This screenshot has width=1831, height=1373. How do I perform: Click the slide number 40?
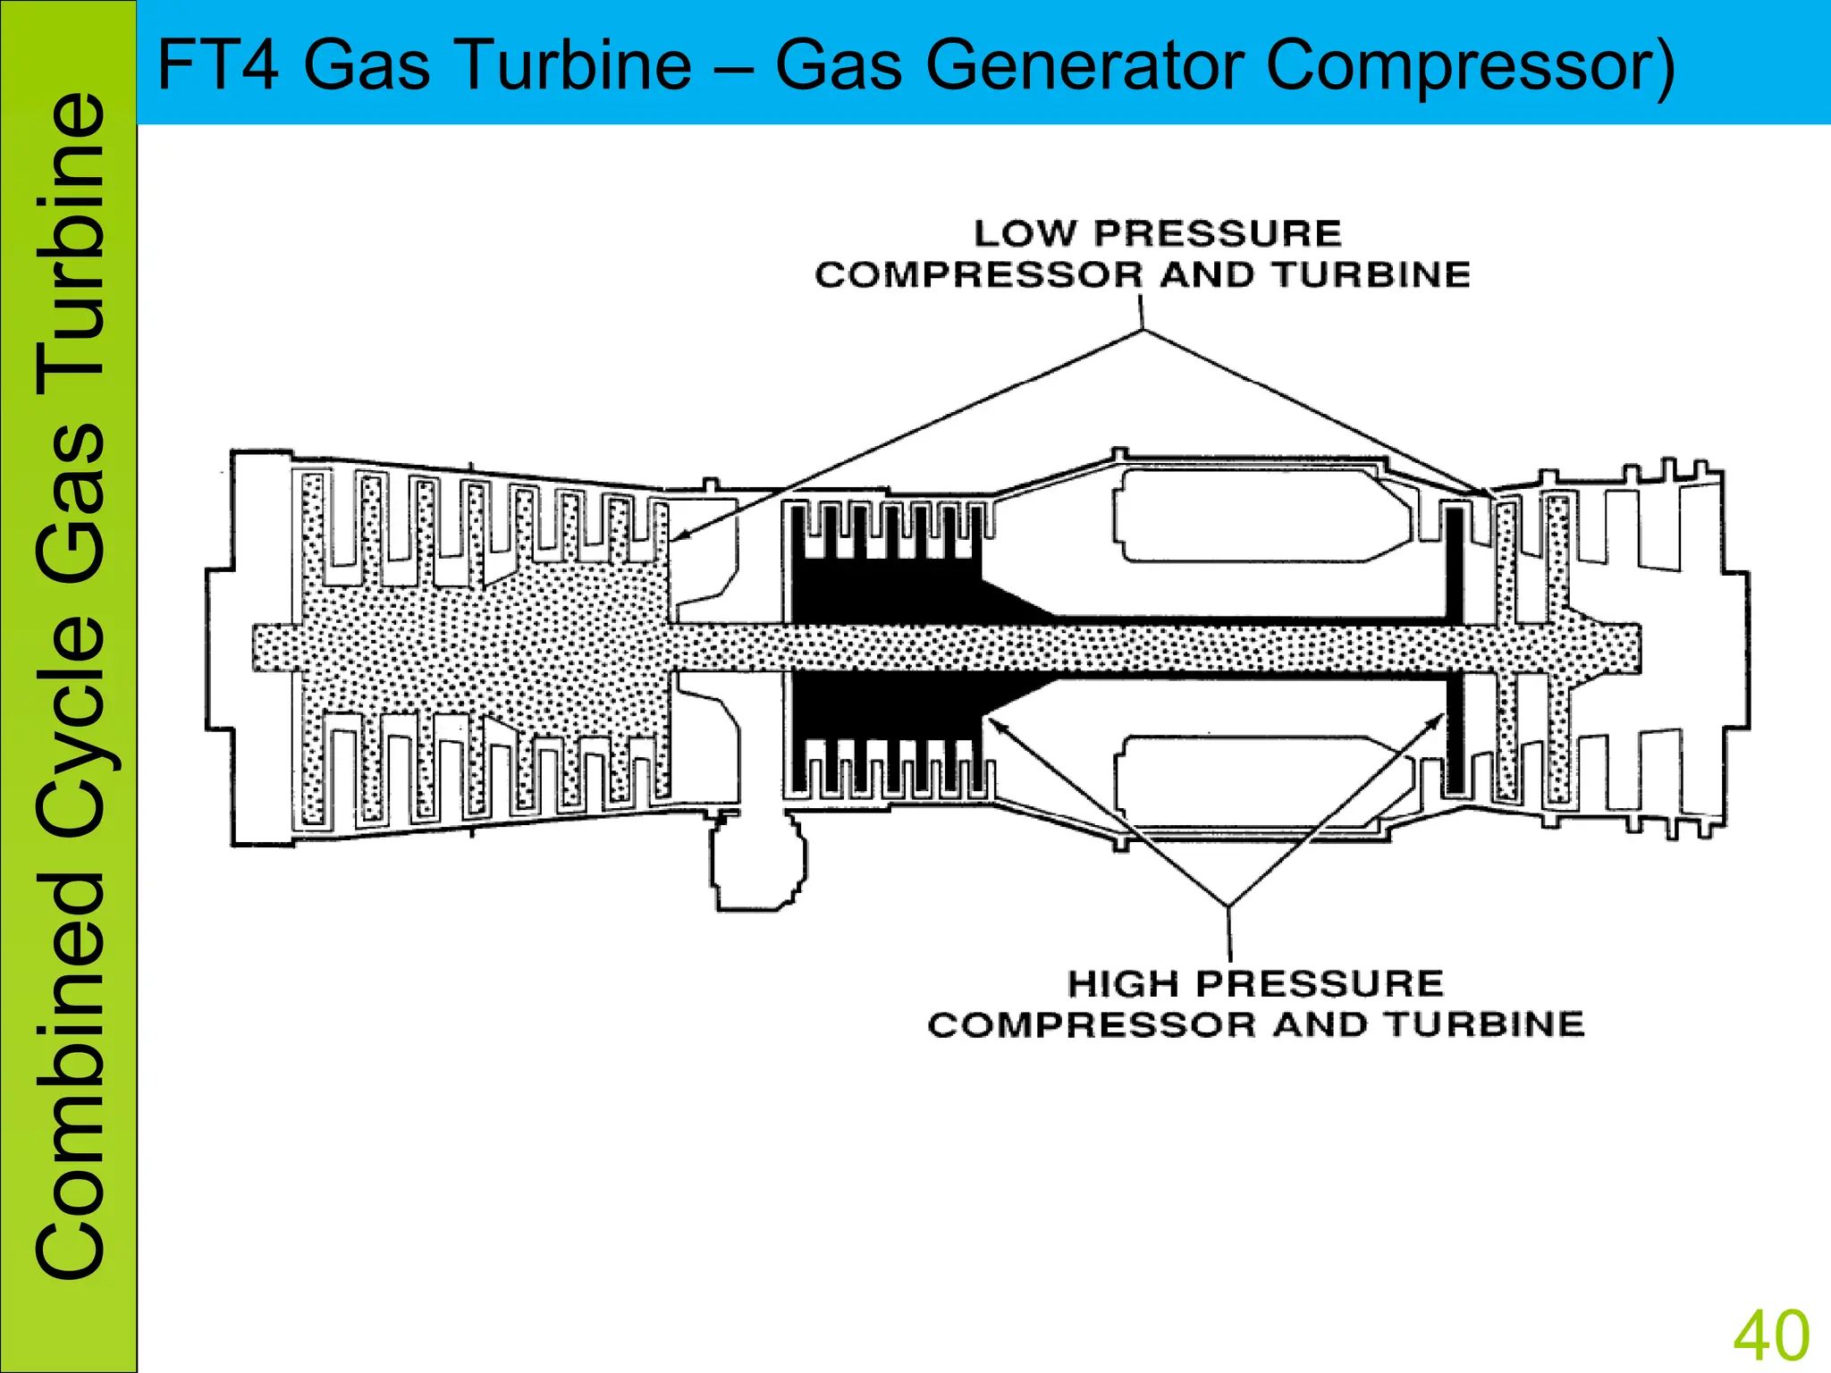click(x=1771, y=1335)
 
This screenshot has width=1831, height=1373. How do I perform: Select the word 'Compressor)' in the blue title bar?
click(x=1471, y=66)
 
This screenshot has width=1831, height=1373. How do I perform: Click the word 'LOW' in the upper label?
click(x=1025, y=233)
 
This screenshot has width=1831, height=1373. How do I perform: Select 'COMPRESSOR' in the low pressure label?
click(x=978, y=274)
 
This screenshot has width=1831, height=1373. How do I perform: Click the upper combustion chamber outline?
click(x=1261, y=516)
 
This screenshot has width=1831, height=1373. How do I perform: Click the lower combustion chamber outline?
click(x=1261, y=781)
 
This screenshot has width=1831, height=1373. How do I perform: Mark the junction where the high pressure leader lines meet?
click(x=1228, y=906)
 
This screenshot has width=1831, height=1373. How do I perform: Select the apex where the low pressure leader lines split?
click(x=1143, y=331)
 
